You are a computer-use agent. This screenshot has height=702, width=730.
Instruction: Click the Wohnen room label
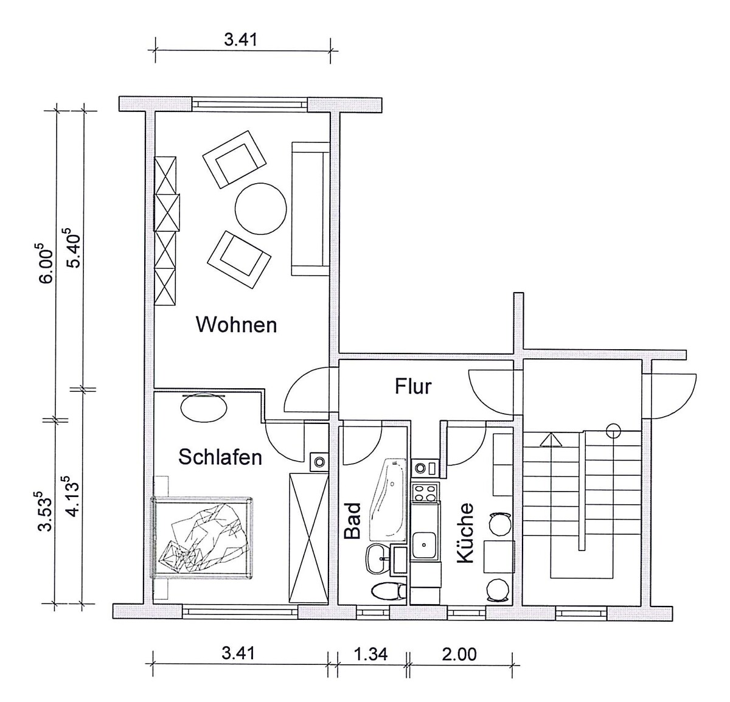(236, 325)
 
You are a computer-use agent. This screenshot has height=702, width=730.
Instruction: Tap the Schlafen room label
(220, 457)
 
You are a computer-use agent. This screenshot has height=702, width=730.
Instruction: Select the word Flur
(413, 386)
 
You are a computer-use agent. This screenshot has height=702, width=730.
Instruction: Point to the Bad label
(353, 521)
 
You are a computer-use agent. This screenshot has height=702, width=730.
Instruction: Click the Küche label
(465, 533)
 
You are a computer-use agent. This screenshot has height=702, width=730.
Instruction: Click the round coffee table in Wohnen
(261, 208)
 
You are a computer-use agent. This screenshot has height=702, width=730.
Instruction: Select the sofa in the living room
(310, 209)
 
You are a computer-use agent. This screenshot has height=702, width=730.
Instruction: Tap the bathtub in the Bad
(388, 499)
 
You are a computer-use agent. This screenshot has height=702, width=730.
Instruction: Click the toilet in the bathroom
(388, 591)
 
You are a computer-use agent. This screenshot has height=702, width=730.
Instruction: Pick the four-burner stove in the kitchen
(425, 493)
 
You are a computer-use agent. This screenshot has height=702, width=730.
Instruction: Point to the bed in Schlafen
(202, 538)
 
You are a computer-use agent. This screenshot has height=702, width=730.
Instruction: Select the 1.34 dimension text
(371, 653)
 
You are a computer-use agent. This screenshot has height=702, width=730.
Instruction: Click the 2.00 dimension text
(459, 654)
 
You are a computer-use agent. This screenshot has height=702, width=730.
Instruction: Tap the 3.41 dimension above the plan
(240, 39)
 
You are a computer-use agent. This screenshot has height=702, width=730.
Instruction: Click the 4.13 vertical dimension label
(73, 496)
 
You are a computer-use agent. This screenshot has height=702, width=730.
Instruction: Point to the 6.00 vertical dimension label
(46, 263)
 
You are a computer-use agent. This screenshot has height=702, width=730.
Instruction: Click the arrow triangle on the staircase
(551, 439)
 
